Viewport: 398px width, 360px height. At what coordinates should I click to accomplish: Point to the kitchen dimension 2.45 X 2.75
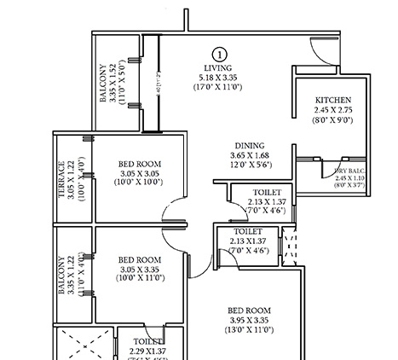(333, 110)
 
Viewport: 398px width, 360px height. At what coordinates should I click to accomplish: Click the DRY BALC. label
(350, 170)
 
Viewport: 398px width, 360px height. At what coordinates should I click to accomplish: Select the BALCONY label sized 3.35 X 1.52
(103, 83)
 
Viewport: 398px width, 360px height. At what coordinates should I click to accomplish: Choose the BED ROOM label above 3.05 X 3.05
(138, 164)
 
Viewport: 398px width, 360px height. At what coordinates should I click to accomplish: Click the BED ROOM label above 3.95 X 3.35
(249, 310)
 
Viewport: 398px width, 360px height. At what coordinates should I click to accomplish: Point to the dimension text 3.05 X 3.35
(138, 269)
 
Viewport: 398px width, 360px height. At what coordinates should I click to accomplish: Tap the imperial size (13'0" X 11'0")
(249, 329)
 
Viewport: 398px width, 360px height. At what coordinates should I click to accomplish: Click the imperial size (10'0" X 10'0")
(138, 183)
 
